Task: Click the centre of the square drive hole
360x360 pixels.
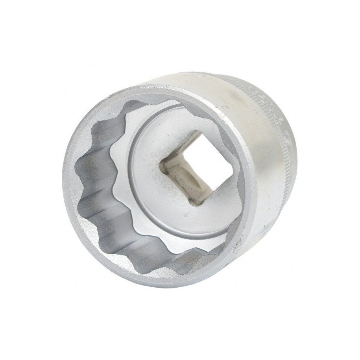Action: pyautogui.click(x=188, y=172)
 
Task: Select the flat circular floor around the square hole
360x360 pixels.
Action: pyautogui.click(x=157, y=197)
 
